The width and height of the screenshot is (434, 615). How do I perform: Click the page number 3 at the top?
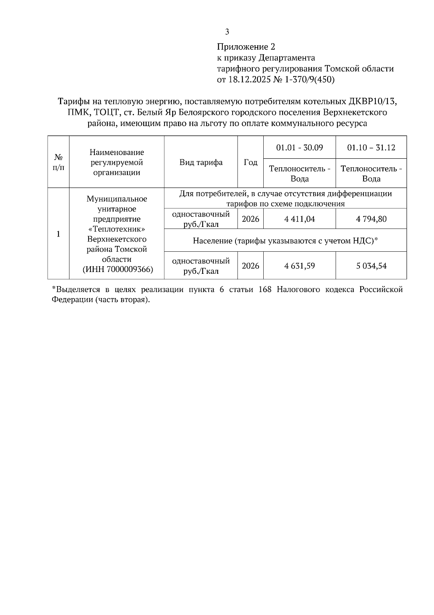click(227, 32)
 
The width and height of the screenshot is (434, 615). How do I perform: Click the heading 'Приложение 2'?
click(246, 47)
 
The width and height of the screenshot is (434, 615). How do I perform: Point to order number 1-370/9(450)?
click(310, 79)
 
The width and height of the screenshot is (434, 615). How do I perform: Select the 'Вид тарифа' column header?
click(201, 162)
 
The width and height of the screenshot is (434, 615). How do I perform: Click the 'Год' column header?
click(250, 162)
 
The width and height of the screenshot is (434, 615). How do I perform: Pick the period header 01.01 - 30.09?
click(299, 147)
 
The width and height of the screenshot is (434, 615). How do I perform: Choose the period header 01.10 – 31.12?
click(371, 147)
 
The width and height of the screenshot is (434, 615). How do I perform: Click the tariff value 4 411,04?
click(299, 219)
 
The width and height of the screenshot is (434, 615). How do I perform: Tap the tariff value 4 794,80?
click(371, 219)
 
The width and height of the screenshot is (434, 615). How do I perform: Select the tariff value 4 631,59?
click(299, 266)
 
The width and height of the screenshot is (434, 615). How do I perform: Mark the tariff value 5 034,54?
click(371, 266)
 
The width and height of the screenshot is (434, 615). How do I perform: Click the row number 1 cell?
click(58, 234)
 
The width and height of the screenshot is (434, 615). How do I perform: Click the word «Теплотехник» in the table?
click(116, 229)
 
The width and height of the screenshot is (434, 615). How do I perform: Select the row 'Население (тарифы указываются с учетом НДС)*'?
click(285, 240)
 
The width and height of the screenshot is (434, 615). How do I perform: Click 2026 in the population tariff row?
click(250, 266)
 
